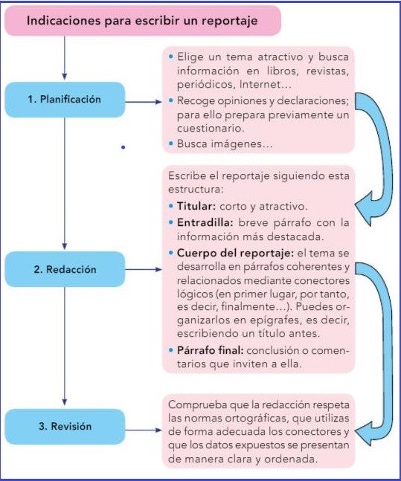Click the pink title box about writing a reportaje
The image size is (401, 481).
[142, 21]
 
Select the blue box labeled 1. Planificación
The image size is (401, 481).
[65, 100]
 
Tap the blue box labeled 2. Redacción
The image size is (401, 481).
[65, 269]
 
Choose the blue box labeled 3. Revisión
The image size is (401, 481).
[65, 427]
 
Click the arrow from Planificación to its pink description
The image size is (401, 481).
[143, 102]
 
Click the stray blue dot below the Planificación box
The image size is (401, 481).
[123, 147]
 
